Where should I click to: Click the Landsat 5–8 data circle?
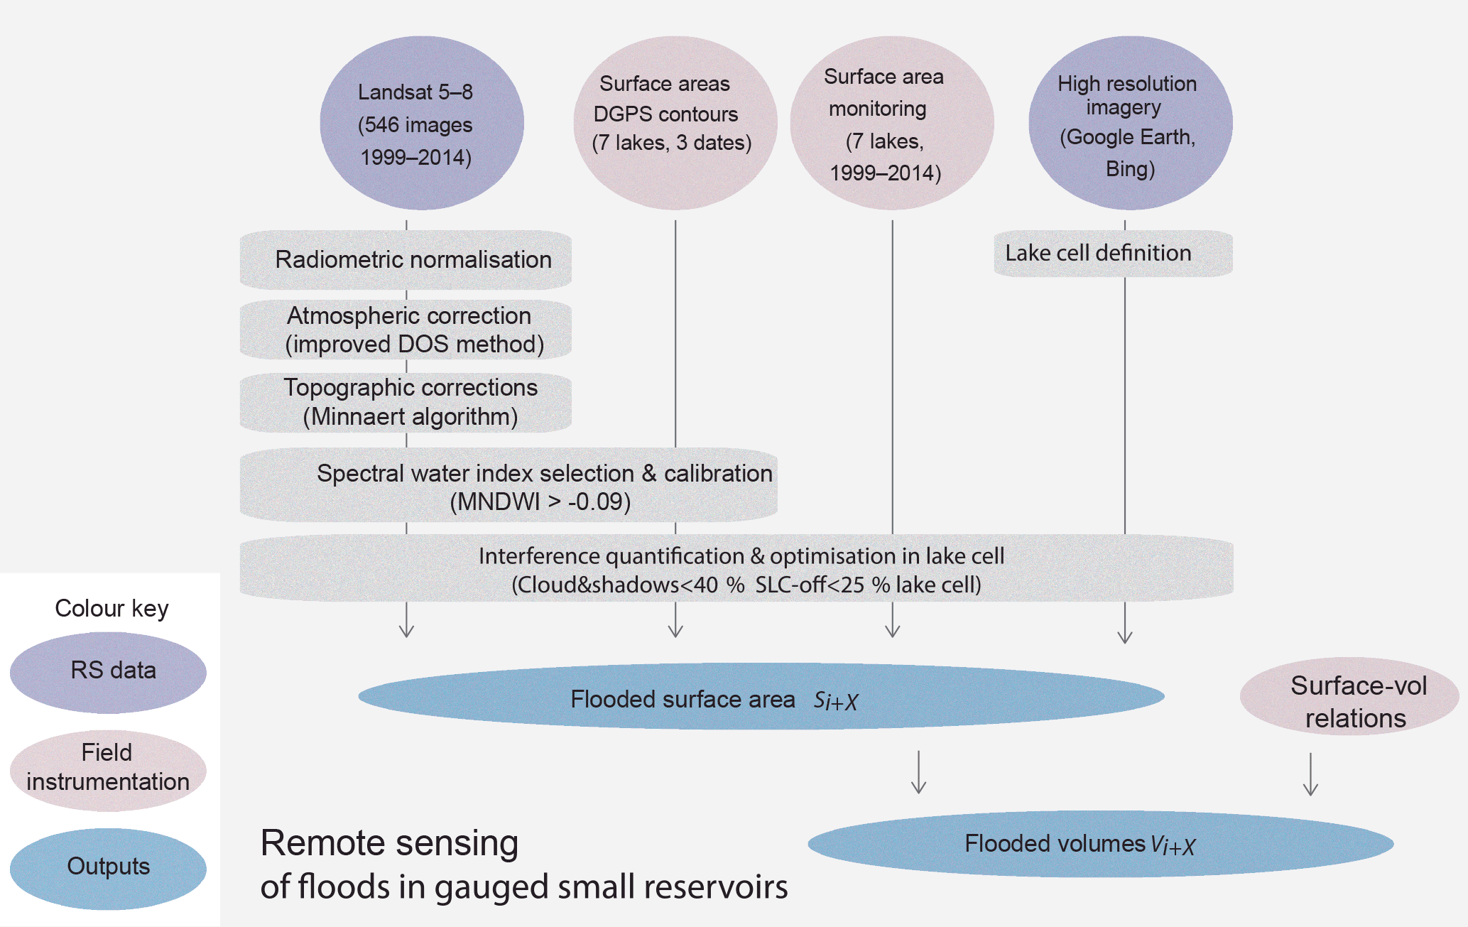[422, 124]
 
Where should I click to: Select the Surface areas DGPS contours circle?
[675, 124]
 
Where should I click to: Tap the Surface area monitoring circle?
[892, 124]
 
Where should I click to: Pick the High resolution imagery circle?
[1130, 124]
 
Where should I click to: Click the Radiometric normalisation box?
[406, 260]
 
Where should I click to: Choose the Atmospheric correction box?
[406, 330]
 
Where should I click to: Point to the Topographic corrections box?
[406, 403]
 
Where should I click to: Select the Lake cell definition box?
[1113, 254]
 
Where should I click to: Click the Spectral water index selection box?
[509, 486]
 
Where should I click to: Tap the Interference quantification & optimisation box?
[736, 569]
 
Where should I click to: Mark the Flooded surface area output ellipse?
[761, 697]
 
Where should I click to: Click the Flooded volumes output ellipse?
[1100, 844]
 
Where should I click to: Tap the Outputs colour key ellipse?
[108, 868]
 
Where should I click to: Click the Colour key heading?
[112, 609]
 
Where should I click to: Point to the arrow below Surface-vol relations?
[1310, 774]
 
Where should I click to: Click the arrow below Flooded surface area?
[918, 772]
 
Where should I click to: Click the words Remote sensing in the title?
[389, 844]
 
